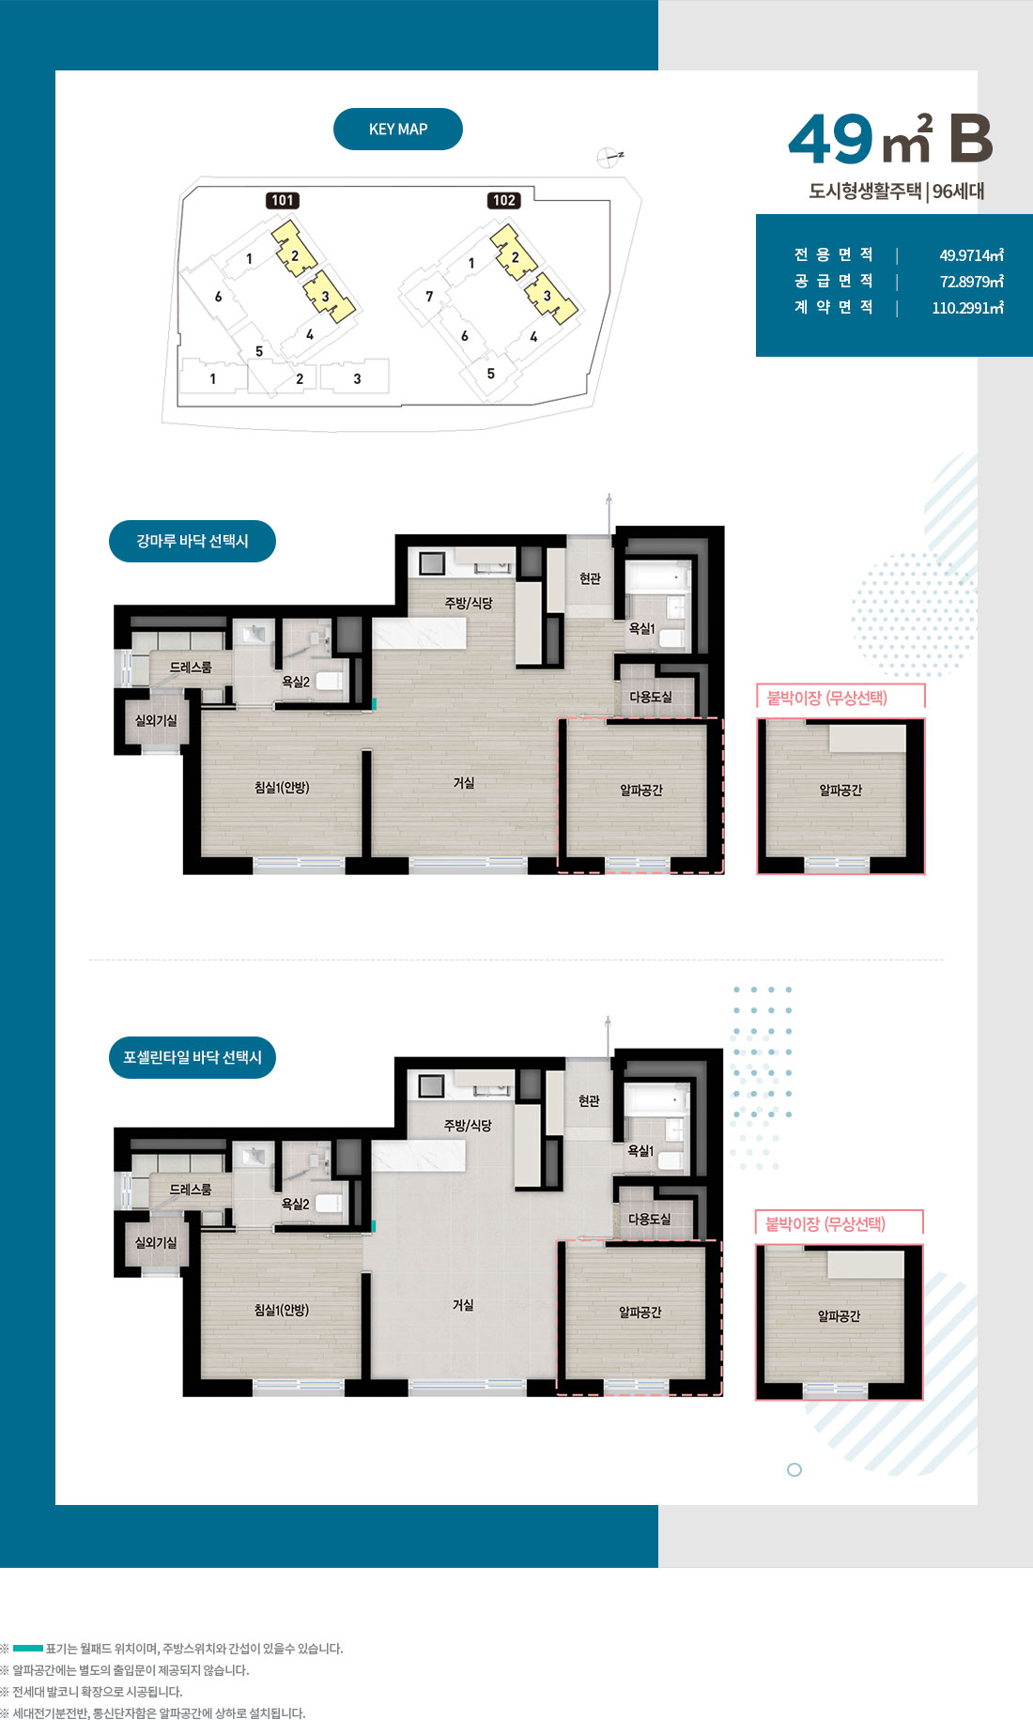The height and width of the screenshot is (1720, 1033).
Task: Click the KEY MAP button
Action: click(x=398, y=130)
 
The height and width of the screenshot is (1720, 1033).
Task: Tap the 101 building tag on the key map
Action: click(x=283, y=200)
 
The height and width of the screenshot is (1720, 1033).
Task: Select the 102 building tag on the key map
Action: click(x=504, y=200)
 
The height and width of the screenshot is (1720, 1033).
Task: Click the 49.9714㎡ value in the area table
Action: click(x=971, y=254)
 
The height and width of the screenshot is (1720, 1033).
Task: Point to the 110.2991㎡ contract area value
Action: click(x=967, y=307)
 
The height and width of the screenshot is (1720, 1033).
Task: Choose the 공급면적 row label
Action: click(x=834, y=281)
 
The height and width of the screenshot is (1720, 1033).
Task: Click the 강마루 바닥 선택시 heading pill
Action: click(x=193, y=541)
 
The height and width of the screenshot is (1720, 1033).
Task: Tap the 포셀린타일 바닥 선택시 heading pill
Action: click(x=193, y=1057)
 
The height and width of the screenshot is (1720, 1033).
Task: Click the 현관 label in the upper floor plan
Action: click(x=590, y=578)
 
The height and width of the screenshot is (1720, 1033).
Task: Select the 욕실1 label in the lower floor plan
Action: click(x=640, y=1150)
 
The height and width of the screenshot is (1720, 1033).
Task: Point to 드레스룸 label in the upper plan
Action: click(x=191, y=667)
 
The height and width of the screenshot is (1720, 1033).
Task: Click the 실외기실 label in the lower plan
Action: click(x=156, y=1242)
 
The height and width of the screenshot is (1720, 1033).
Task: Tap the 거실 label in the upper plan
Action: click(x=464, y=782)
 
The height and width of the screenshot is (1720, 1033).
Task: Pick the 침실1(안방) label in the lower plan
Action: click(x=282, y=1310)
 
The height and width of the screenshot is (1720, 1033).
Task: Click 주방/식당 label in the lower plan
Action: click(x=468, y=1125)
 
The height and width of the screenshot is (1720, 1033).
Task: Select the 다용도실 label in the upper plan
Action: click(x=651, y=697)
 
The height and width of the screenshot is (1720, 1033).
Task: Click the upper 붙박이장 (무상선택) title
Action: click(x=827, y=698)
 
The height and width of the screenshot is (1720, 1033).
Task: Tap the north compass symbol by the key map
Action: click(x=609, y=158)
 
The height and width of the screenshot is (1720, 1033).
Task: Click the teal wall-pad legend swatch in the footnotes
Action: click(x=28, y=1648)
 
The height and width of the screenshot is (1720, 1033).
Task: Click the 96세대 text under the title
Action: click(x=958, y=191)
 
